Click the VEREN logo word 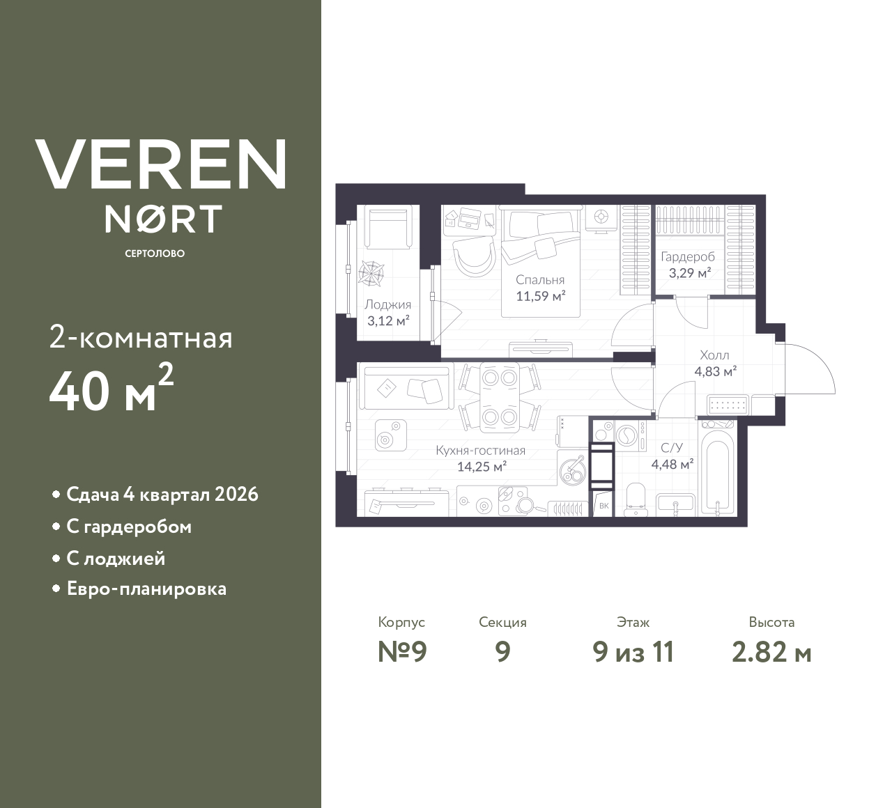(x=160, y=164)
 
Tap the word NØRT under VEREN (x=163, y=219)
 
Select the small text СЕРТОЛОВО (x=155, y=254)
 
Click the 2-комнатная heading (x=141, y=339)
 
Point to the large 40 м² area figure (x=111, y=391)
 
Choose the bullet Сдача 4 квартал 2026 (x=162, y=495)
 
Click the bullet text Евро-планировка (x=146, y=589)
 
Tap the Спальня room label (x=540, y=280)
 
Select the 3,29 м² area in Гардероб (x=689, y=273)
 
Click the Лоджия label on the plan (x=387, y=304)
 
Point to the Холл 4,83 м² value (x=715, y=371)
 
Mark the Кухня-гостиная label (x=480, y=451)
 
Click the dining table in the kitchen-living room (x=499, y=397)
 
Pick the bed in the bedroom (x=541, y=258)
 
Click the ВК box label (x=603, y=506)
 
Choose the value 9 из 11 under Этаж (x=633, y=653)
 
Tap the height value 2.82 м (x=771, y=653)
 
